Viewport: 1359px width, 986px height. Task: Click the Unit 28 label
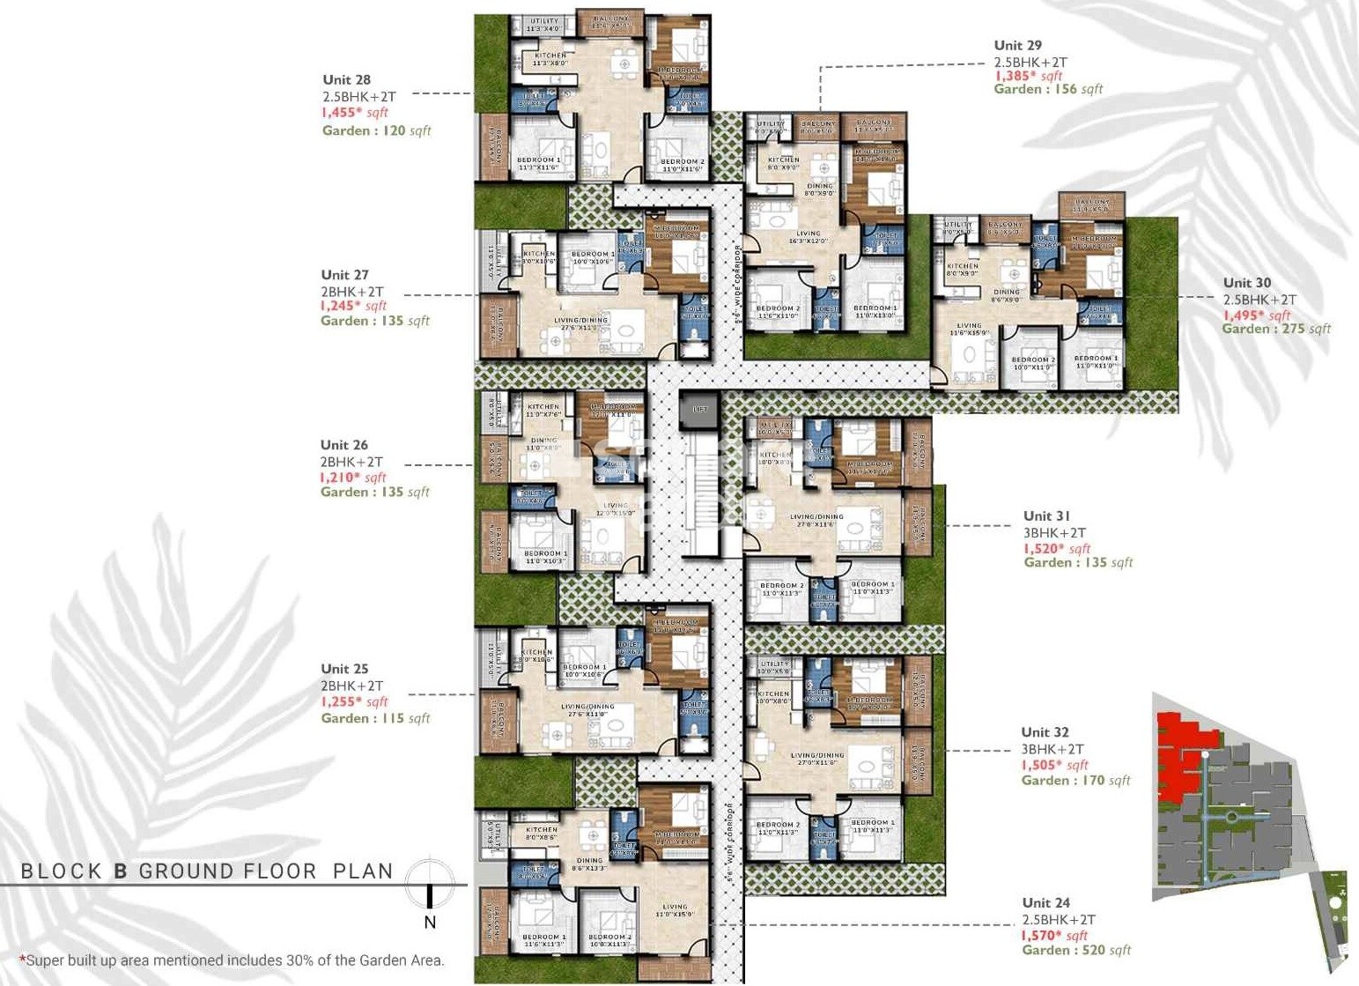(x=346, y=80)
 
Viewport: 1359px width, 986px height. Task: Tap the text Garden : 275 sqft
(x=1276, y=329)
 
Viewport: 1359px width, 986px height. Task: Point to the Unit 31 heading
(x=1046, y=516)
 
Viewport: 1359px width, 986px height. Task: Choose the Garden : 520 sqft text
(x=1076, y=951)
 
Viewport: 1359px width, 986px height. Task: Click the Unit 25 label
(x=344, y=669)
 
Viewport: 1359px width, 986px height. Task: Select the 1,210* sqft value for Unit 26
(x=353, y=478)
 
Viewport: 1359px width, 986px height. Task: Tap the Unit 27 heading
(x=344, y=275)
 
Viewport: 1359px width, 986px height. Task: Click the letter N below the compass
(x=430, y=923)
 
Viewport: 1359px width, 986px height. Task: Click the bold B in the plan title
(x=121, y=872)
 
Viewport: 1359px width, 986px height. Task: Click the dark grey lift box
(x=699, y=410)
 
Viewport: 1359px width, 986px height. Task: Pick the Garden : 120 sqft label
(x=376, y=130)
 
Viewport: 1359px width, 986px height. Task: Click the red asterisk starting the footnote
(x=22, y=959)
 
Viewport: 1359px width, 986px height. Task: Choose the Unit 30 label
(x=1247, y=283)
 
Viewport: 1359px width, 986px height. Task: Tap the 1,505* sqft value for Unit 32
(x=1054, y=765)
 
